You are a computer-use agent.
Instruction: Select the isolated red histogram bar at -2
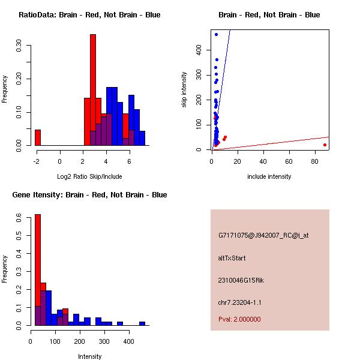pyautogui.click(x=38, y=137)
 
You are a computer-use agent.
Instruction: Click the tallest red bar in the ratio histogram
pyautogui.click(x=93, y=90)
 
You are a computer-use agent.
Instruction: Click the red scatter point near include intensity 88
pyautogui.click(x=325, y=145)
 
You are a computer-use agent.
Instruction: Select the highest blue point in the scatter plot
pyautogui.click(x=216, y=34)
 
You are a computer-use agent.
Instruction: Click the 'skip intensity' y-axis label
pyautogui.click(x=184, y=90)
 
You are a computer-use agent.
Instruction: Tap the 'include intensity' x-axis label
pyautogui.click(x=269, y=176)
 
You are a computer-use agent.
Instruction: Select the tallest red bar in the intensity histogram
pyautogui.click(x=38, y=270)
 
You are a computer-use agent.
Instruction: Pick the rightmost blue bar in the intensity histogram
pyautogui.click(x=142, y=323)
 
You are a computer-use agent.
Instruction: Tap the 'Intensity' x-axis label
pyautogui.click(x=90, y=356)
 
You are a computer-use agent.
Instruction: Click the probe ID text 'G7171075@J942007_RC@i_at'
pyautogui.click(x=263, y=236)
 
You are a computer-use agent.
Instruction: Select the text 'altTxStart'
pyautogui.click(x=232, y=258)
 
